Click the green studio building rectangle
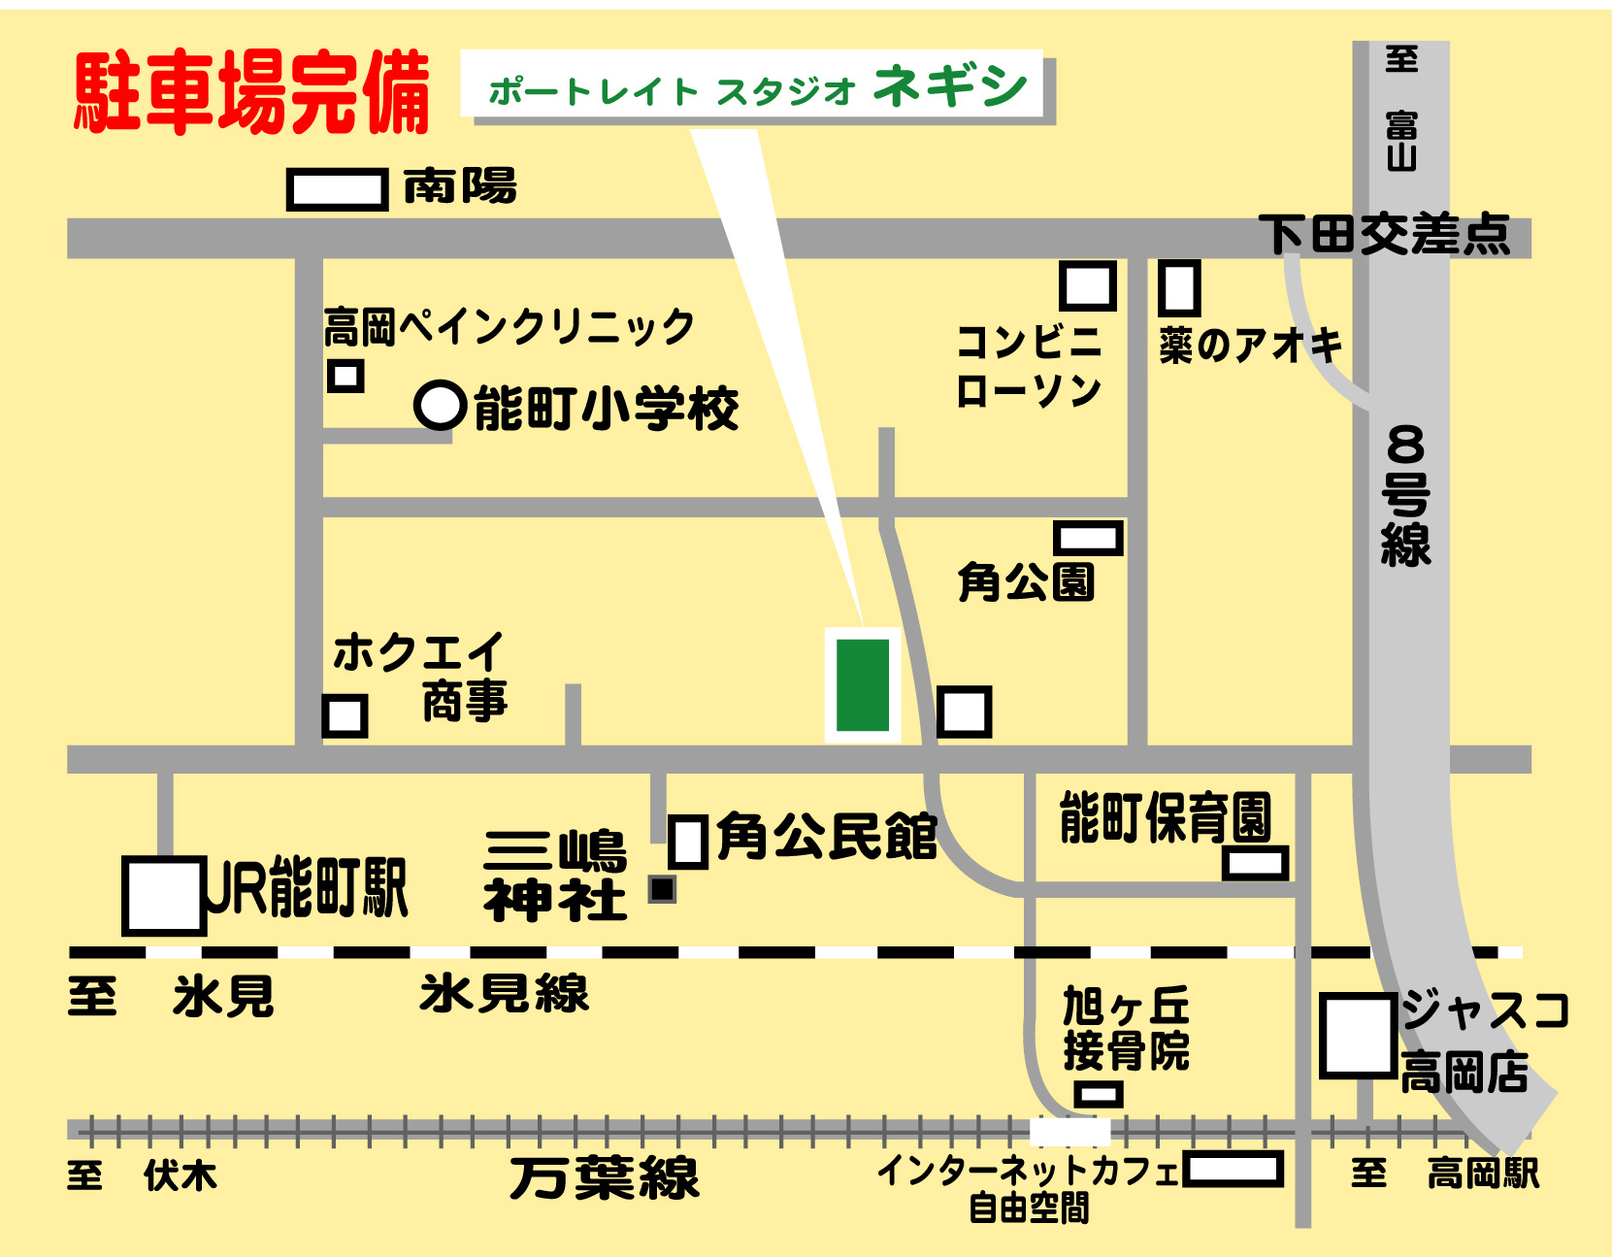[x=863, y=684]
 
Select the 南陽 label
[x=460, y=186]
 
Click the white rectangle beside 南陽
[x=337, y=188]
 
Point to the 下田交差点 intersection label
[x=1384, y=234]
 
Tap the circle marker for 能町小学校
[x=441, y=406]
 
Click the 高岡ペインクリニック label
[x=509, y=326]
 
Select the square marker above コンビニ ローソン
[x=1087, y=286]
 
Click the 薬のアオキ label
[x=1250, y=345]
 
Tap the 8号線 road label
[x=1405, y=495]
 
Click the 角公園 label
[x=1026, y=582]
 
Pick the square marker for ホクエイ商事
[x=345, y=716]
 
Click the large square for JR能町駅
[x=163, y=895]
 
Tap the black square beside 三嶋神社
[x=662, y=888]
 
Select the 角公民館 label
[x=827, y=837]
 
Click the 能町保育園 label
[x=1165, y=817]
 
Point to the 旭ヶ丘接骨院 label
[x=1126, y=1029]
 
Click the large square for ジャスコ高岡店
[x=1358, y=1036]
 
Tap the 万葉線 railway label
[x=604, y=1178]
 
